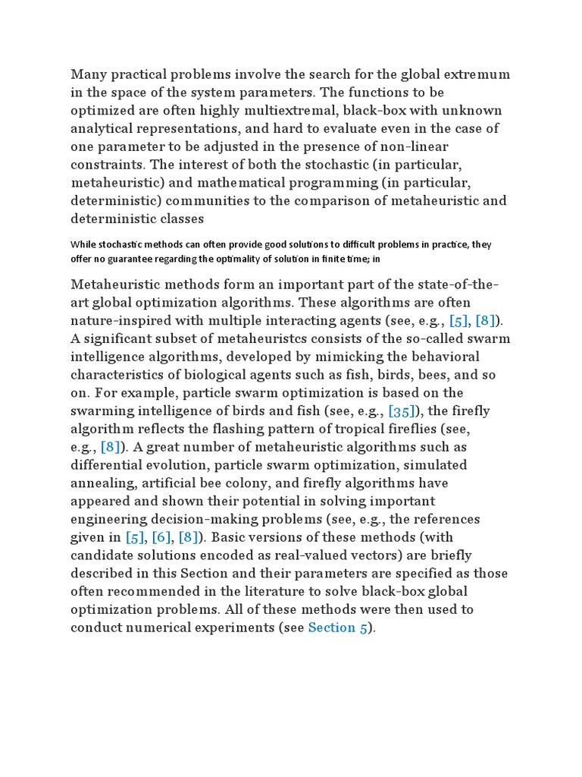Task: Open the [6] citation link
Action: [x=161, y=537]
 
